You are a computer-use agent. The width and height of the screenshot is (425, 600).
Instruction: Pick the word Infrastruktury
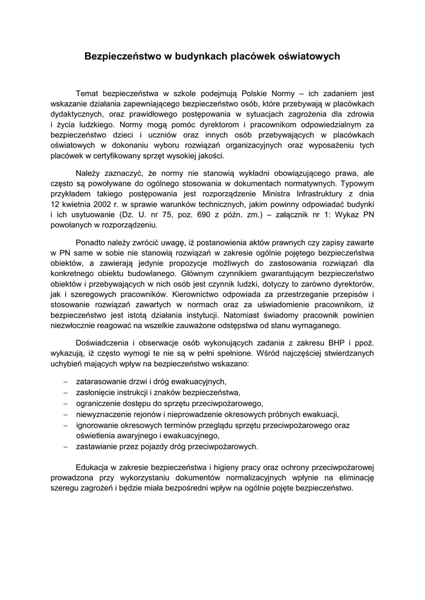click(305, 194)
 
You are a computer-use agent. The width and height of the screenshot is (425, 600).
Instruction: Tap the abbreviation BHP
click(328, 343)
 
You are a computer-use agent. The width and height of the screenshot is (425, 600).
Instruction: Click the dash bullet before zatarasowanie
click(66, 381)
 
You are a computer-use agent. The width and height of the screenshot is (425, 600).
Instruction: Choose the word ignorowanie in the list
click(97, 424)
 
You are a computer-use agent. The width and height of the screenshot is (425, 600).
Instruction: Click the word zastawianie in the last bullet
click(97, 446)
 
